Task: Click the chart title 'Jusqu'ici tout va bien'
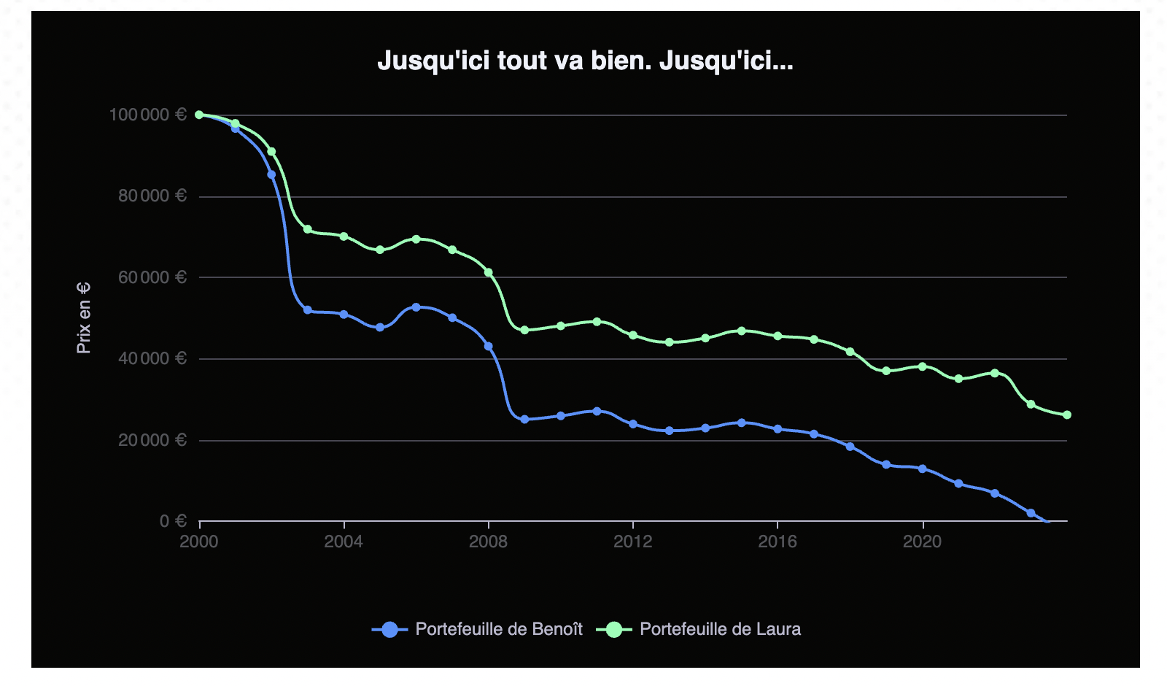584,61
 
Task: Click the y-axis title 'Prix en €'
84,318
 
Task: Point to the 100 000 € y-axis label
148,115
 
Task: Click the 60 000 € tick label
152,277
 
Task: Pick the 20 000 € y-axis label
152,440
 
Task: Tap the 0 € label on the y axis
173,521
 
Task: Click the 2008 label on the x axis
488,542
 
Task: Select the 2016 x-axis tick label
778,542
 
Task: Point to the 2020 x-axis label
923,542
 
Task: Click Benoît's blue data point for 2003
308,310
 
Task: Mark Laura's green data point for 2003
308,229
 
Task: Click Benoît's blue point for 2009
524,420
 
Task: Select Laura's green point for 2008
489,272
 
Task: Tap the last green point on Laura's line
1067,415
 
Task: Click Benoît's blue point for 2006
416,307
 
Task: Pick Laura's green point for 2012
633,336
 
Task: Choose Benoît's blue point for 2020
923,469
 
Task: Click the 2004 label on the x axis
344,542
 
